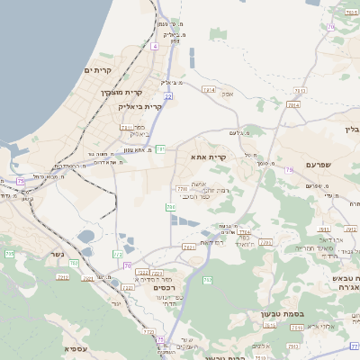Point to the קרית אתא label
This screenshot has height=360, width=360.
[x=208, y=157]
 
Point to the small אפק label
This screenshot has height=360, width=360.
[x=229, y=94]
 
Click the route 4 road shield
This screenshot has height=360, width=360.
[x=155, y=45]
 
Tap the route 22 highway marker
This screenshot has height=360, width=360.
[x=168, y=94]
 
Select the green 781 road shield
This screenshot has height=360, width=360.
[x=160, y=148]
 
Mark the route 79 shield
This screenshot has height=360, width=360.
[x=289, y=169]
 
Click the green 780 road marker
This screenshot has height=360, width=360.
[x=170, y=207]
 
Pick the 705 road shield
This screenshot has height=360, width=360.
[x=10, y=255]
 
